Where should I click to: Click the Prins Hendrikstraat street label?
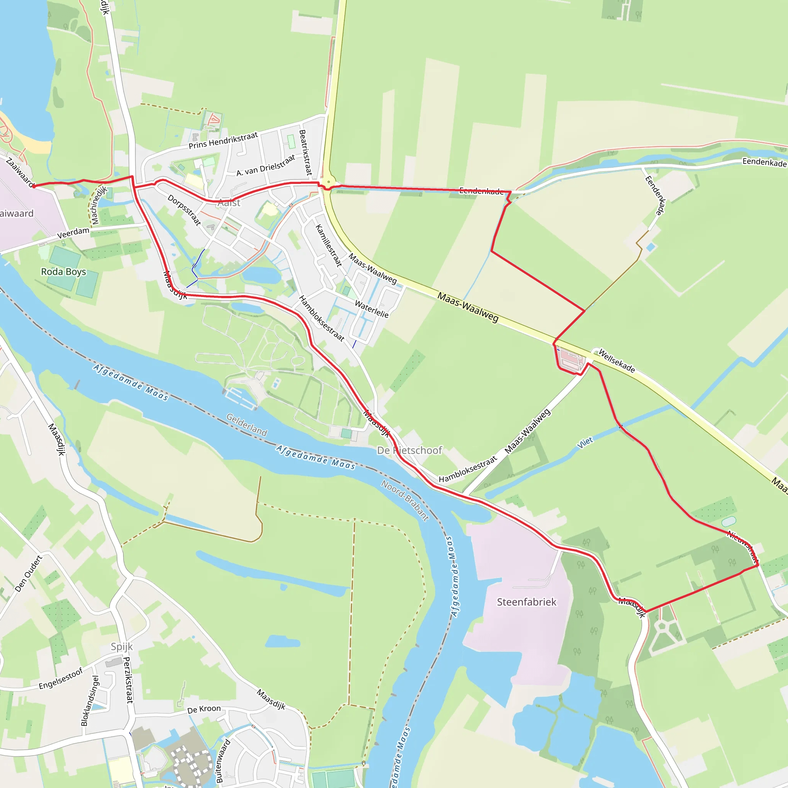click(x=223, y=140)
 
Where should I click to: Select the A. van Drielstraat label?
click(x=265, y=165)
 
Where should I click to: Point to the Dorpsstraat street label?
click(x=184, y=210)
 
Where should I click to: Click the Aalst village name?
click(x=229, y=203)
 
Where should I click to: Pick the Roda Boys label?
click(x=63, y=272)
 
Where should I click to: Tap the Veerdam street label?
click(x=73, y=233)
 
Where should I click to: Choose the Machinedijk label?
click(x=99, y=205)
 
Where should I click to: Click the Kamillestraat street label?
click(x=329, y=245)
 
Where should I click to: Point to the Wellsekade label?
click(x=616, y=361)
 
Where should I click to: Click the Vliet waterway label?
click(x=585, y=442)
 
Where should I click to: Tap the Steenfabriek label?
click(x=526, y=602)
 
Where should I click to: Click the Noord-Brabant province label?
click(x=405, y=501)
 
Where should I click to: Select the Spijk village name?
click(x=122, y=646)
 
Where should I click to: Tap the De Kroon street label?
click(x=204, y=710)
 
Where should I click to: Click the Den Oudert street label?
click(x=28, y=573)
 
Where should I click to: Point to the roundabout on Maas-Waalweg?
click(x=328, y=182)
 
